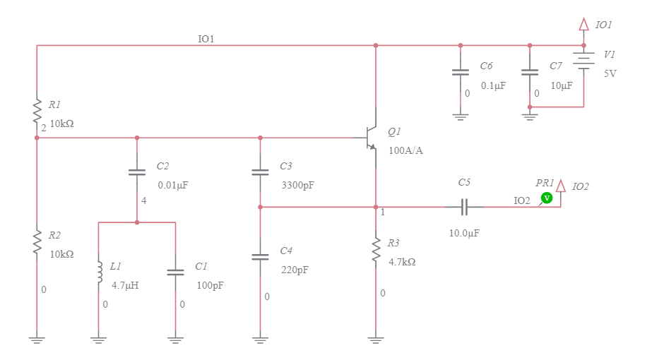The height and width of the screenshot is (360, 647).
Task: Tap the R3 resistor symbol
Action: coord(376,253)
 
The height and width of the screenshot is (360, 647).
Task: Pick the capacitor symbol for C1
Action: coord(174,272)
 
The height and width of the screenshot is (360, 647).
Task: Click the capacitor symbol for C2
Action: coord(137,172)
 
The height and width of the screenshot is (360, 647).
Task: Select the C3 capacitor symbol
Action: coord(260,172)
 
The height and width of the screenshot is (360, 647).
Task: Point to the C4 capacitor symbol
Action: coord(260,257)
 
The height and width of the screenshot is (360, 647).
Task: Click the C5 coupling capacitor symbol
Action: coord(464,207)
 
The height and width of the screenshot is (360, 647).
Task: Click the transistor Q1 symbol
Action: coord(370,138)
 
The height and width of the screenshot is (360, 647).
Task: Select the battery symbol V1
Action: coord(583,62)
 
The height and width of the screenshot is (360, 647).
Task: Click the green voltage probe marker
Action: coord(546,198)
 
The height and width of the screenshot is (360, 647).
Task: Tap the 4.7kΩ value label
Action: coord(402,262)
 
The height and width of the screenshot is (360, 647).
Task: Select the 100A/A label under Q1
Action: coord(405,150)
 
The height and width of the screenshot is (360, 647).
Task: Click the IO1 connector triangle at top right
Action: coord(583,25)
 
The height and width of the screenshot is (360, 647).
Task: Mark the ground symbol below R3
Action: coord(376,340)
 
